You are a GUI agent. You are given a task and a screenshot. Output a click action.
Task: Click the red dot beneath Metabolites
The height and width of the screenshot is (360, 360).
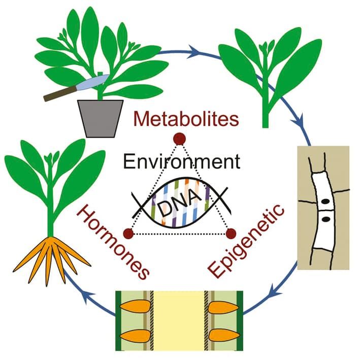pyautogui.click(x=178, y=138)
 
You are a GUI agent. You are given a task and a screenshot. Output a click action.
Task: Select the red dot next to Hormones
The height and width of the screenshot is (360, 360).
pyautogui.click(x=128, y=233)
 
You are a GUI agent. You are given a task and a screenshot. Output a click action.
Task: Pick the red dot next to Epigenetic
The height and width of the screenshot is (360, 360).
pyautogui.click(x=231, y=233)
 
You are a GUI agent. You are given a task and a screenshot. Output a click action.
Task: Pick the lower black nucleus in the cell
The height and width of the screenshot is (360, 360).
pyautogui.click(x=326, y=219)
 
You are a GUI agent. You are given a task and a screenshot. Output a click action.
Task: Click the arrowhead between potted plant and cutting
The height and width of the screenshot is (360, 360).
pyautogui.click(x=193, y=51)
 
